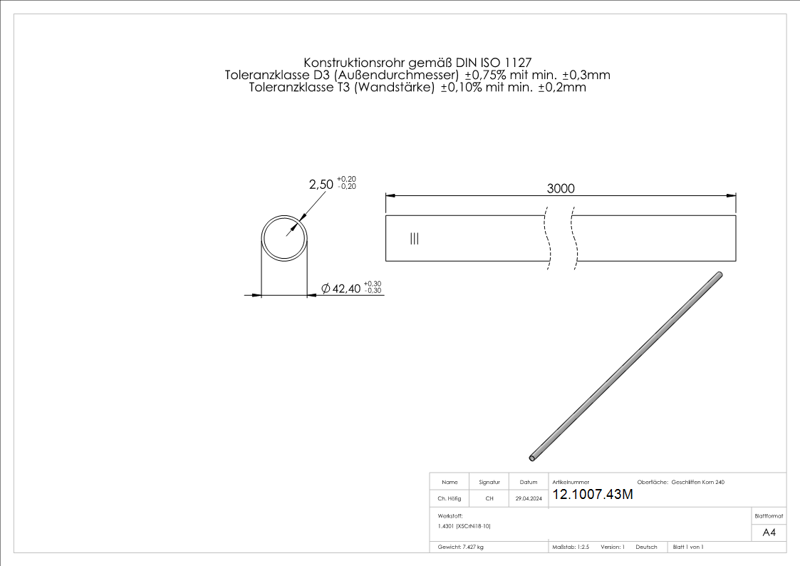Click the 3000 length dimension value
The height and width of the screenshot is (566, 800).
point(561,188)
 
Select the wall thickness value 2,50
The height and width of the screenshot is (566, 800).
point(321,184)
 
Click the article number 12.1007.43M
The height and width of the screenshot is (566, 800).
point(592,495)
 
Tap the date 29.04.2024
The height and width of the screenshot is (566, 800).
point(529,499)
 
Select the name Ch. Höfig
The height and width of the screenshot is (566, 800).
point(450,499)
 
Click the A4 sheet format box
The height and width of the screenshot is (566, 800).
point(769,532)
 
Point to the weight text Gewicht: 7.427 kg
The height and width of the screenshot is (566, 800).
point(461,547)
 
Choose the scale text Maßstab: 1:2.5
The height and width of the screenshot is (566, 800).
point(571,547)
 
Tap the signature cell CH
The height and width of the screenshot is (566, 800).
point(489,499)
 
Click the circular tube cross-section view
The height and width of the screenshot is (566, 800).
point(284,237)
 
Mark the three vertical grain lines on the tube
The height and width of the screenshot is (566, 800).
point(415,239)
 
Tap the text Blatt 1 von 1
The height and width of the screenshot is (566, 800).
point(688,547)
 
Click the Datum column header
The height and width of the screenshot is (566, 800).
point(529,483)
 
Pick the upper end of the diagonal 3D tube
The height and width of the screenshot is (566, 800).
point(720,274)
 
